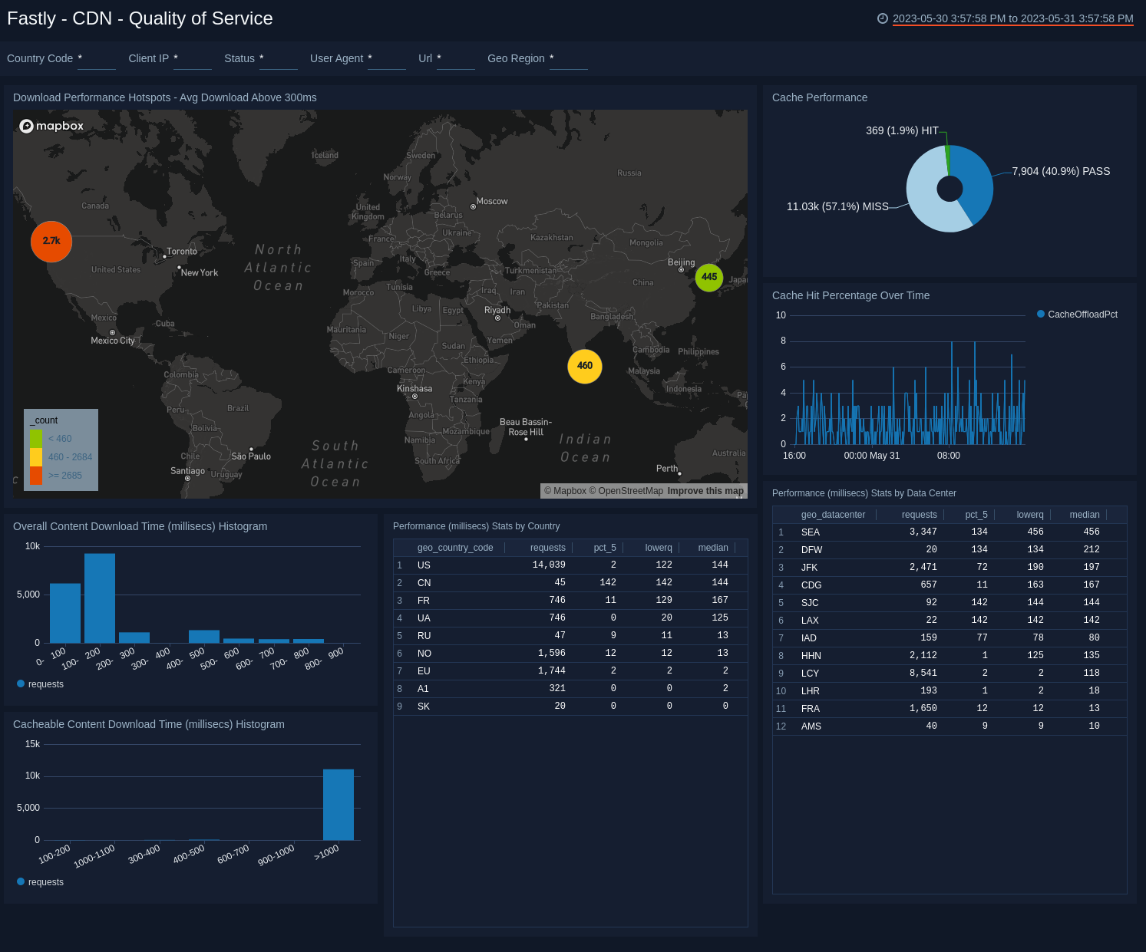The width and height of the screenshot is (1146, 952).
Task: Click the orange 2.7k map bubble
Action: click(x=51, y=242)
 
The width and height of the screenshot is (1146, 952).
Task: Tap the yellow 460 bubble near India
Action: click(x=585, y=366)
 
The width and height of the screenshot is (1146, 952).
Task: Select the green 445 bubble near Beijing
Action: click(x=709, y=277)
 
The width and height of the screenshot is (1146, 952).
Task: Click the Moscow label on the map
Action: click(x=492, y=202)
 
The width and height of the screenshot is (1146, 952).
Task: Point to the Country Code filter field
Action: click(x=96, y=59)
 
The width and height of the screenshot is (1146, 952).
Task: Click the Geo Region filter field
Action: click(x=568, y=59)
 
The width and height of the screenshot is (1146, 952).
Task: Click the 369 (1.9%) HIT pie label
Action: click(x=902, y=131)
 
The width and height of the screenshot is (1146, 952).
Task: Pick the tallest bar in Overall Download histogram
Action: click(x=100, y=598)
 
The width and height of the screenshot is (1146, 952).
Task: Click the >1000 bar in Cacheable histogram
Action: click(x=339, y=805)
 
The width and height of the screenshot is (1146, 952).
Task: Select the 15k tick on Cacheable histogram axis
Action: click(x=32, y=744)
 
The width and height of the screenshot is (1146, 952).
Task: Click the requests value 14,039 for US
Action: click(x=549, y=565)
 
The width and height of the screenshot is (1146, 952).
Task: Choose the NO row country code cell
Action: click(x=424, y=654)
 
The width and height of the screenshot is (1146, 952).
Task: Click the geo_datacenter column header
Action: click(x=833, y=515)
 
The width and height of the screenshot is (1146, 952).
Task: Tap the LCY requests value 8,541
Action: click(x=923, y=674)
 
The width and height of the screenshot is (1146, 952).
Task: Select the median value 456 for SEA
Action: click(x=1092, y=532)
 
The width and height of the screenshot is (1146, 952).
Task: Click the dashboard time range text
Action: click(x=1012, y=19)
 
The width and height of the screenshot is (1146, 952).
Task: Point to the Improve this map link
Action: click(x=705, y=491)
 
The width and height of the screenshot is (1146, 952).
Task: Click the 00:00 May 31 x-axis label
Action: click(x=872, y=456)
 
